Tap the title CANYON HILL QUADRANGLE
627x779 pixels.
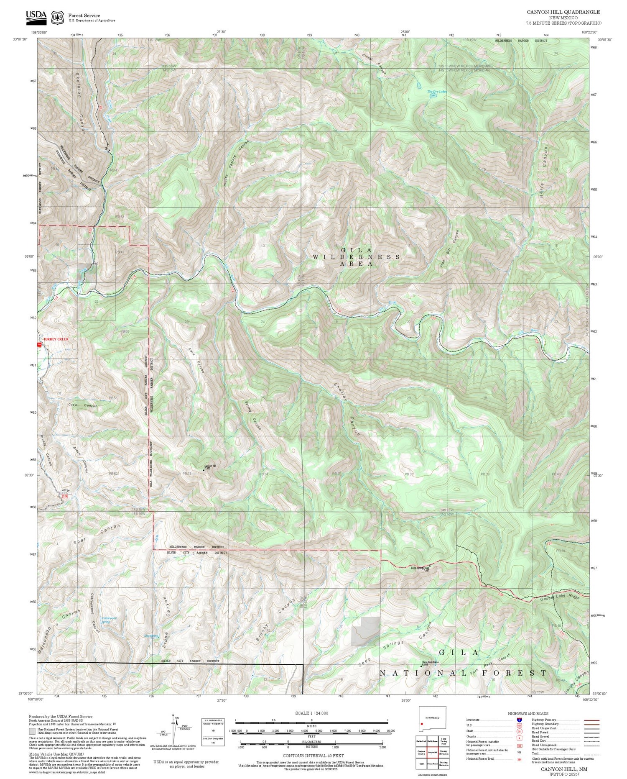[x=563, y=12]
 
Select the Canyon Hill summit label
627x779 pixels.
[x=209, y=466]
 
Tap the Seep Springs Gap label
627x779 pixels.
[x=420, y=568]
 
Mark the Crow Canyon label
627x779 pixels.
[x=83, y=405]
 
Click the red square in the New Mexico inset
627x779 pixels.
[x=422, y=725]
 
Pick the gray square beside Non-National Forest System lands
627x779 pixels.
[x=32, y=731]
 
